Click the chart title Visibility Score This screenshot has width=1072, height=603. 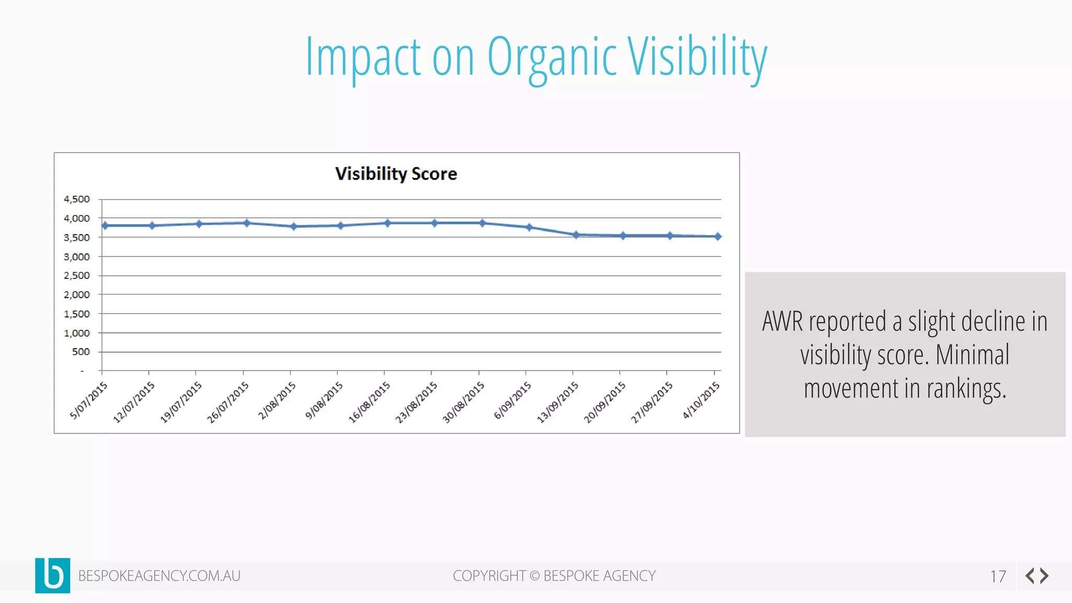(x=396, y=174)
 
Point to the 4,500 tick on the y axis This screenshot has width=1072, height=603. (x=77, y=199)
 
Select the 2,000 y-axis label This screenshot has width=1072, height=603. (x=77, y=295)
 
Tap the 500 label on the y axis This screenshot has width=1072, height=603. (x=81, y=352)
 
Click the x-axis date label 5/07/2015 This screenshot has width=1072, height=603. (x=89, y=400)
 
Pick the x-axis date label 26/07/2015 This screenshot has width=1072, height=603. (x=228, y=402)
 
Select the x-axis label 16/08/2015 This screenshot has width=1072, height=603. (x=370, y=402)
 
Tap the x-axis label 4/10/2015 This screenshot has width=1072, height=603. (x=701, y=400)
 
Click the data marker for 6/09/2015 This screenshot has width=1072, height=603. (x=529, y=227)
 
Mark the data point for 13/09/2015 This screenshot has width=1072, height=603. (x=576, y=235)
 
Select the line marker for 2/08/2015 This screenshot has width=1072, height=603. (x=294, y=226)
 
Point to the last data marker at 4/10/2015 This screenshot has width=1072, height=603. (x=718, y=237)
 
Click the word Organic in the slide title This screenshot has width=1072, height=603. (x=552, y=58)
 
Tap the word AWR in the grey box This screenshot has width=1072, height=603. (x=782, y=321)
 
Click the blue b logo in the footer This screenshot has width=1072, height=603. (x=53, y=575)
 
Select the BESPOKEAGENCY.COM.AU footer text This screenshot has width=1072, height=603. (x=159, y=576)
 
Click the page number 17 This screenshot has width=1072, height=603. (x=998, y=576)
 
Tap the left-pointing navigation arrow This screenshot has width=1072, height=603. (x=1030, y=576)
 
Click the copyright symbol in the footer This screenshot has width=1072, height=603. (x=534, y=576)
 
